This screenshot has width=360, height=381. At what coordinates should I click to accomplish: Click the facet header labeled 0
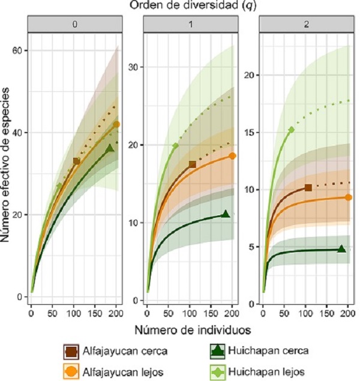[74, 26]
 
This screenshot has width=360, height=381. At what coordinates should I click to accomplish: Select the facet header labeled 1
[190, 26]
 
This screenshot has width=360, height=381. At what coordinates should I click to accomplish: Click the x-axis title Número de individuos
[190, 329]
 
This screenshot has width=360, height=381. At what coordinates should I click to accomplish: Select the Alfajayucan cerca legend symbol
[71, 350]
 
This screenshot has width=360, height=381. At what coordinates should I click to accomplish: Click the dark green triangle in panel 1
[226, 214]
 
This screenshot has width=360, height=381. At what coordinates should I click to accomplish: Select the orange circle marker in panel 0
[117, 124]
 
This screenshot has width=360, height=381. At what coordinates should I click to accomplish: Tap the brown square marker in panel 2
[308, 188]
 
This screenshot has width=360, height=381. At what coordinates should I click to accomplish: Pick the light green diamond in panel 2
[292, 130]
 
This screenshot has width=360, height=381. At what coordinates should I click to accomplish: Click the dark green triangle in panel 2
[341, 249]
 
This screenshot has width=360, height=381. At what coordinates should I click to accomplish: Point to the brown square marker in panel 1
[193, 164]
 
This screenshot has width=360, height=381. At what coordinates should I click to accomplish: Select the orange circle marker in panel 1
[233, 156]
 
